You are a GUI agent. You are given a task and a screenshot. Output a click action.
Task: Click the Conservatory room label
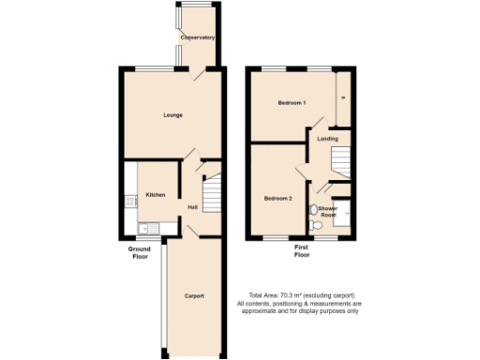(198, 37)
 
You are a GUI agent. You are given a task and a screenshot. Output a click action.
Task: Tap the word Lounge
(172, 115)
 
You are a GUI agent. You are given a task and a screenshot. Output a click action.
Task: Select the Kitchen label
(155, 195)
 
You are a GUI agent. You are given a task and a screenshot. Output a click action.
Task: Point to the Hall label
(192, 207)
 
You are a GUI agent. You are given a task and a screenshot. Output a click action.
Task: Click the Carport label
(194, 296)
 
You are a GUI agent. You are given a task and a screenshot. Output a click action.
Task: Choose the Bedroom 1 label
(291, 102)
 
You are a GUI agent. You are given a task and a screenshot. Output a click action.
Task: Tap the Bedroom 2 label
(277, 199)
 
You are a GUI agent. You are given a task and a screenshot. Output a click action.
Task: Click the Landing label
(327, 139)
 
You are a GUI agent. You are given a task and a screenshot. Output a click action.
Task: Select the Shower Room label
(328, 212)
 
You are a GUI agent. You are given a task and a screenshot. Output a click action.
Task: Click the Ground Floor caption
(140, 252)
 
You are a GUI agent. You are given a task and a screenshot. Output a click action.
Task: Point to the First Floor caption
(302, 252)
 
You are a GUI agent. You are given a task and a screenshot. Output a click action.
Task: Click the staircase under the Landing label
(337, 165)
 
